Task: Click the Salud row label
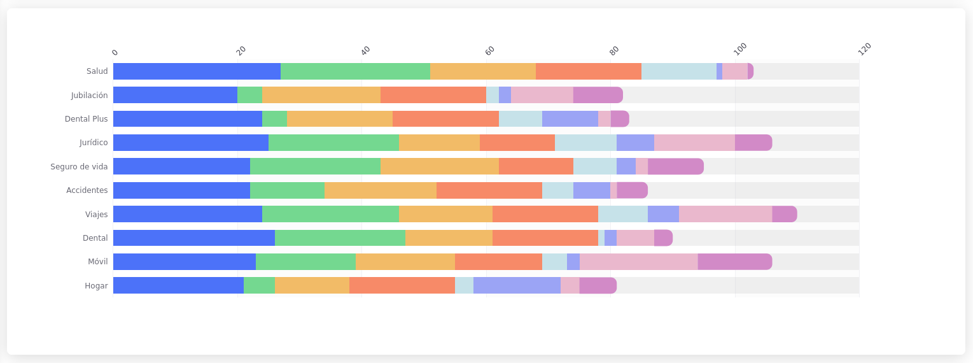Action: [x=97, y=71]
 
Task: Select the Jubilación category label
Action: [x=89, y=96]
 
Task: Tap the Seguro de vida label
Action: [x=79, y=167]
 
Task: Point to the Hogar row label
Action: [x=96, y=286]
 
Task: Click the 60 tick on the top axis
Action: [x=490, y=51]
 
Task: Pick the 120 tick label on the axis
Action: [x=864, y=49]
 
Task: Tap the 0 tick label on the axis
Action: [x=115, y=52]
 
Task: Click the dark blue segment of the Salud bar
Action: [x=197, y=71]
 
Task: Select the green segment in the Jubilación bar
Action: [x=249, y=95]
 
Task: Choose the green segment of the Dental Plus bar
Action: [x=274, y=119]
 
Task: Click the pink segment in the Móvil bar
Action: [x=638, y=262]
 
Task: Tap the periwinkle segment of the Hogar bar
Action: [x=517, y=285]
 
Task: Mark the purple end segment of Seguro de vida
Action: [x=675, y=166]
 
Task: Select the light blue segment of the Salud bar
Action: [x=678, y=71]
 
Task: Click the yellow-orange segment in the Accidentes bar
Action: [x=380, y=190]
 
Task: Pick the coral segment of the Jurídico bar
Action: [x=517, y=143]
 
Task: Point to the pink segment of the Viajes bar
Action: [x=725, y=214]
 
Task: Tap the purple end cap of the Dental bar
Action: [x=663, y=238]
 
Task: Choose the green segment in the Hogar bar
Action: [x=259, y=285]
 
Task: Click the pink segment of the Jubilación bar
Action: [x=542, y=95]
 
